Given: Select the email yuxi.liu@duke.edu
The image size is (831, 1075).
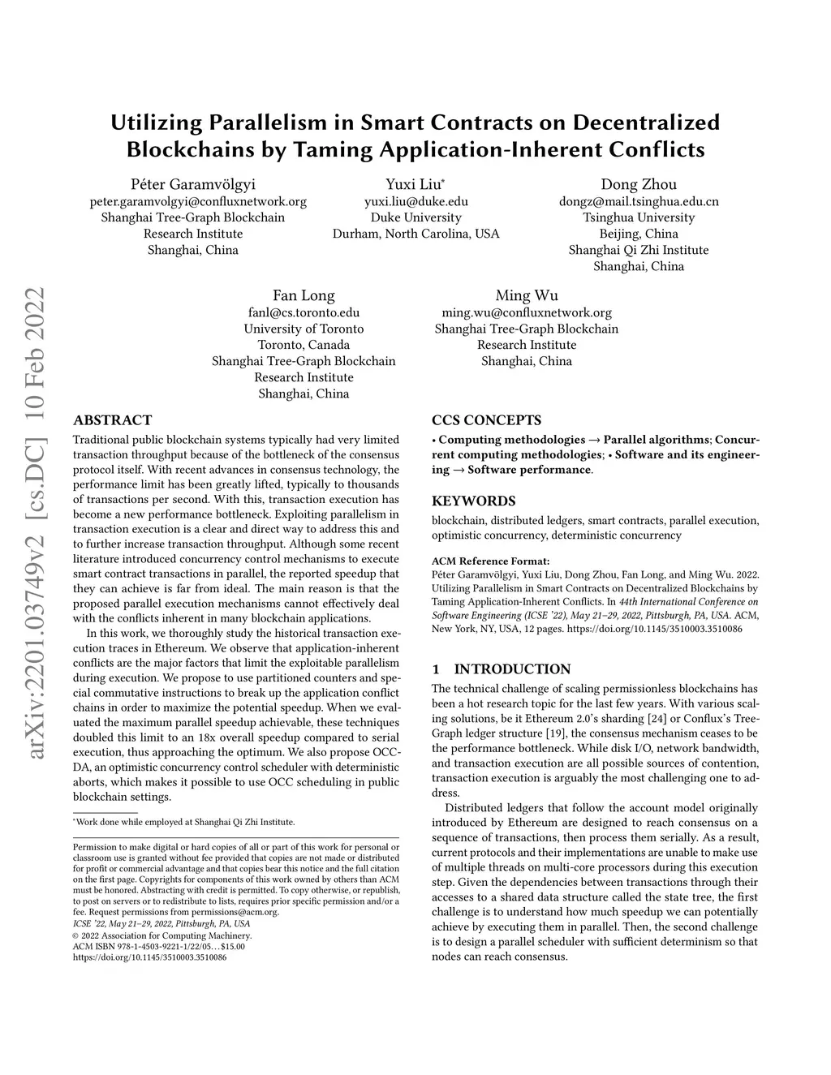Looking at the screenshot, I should [x=415, y=201].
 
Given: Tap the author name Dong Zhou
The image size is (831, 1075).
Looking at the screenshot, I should [x=638, y=184].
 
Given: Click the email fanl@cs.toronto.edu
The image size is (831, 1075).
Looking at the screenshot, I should [x=304, y=312].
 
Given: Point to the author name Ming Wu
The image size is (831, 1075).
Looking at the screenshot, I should [x=527, y=295].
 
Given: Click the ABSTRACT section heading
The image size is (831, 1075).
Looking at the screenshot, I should [x=112, y=420].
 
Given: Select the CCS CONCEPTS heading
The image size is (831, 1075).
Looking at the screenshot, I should [x=486, y=420].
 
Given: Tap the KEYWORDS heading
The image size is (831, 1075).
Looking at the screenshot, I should [x=473, y=501].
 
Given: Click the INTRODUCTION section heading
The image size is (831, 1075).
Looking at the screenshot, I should [x=511, y=669].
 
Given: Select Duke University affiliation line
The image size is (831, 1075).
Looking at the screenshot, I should [x=415, y=217].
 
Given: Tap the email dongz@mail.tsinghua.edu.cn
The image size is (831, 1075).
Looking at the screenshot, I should [x=638, y=201].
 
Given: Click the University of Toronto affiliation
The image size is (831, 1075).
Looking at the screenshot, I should [x=304, y=329].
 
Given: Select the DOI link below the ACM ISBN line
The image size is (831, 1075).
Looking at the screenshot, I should [x=149, y=957].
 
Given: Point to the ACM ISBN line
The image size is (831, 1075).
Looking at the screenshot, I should [x=158, y=946].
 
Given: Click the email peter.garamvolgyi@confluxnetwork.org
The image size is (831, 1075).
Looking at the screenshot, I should [x=198, y=201].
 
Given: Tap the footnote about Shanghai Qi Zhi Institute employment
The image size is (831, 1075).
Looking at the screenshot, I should [x=184, y=822].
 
